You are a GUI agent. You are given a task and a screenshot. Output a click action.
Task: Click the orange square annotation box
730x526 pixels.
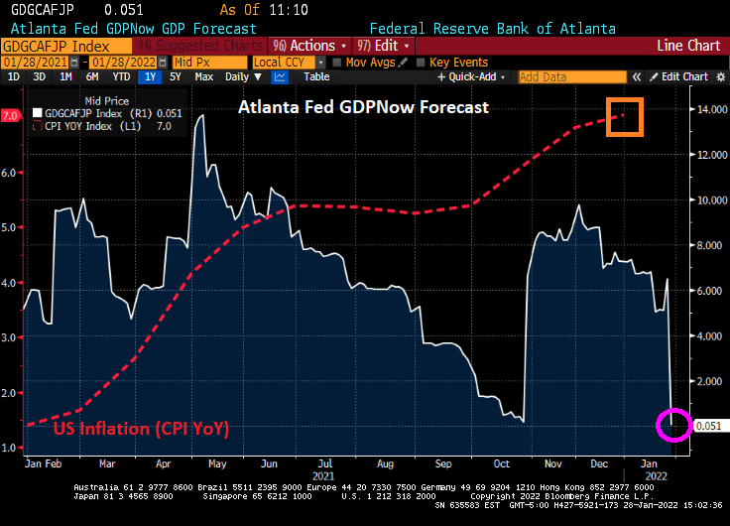[626, 117]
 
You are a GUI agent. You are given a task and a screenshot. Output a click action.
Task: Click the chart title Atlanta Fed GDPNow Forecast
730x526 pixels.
[363, 107]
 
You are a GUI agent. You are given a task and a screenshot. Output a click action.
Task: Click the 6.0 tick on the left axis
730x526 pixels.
[11, 173]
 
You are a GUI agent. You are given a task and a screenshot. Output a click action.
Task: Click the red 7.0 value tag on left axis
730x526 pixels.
[11, 116]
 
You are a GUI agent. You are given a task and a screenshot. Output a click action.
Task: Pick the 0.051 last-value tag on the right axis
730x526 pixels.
[709, 426]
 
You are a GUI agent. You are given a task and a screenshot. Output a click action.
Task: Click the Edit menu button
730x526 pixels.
[384, 46]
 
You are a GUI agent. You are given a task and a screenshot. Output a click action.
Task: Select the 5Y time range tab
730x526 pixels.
[175, 76]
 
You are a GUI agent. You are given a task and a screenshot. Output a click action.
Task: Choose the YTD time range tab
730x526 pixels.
[121, 76]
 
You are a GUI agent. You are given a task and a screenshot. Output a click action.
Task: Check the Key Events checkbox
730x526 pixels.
[423, 63]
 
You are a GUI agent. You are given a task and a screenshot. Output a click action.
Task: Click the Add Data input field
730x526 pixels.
[572, 76]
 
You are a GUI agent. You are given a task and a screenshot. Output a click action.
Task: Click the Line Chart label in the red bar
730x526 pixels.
[689, 46]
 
